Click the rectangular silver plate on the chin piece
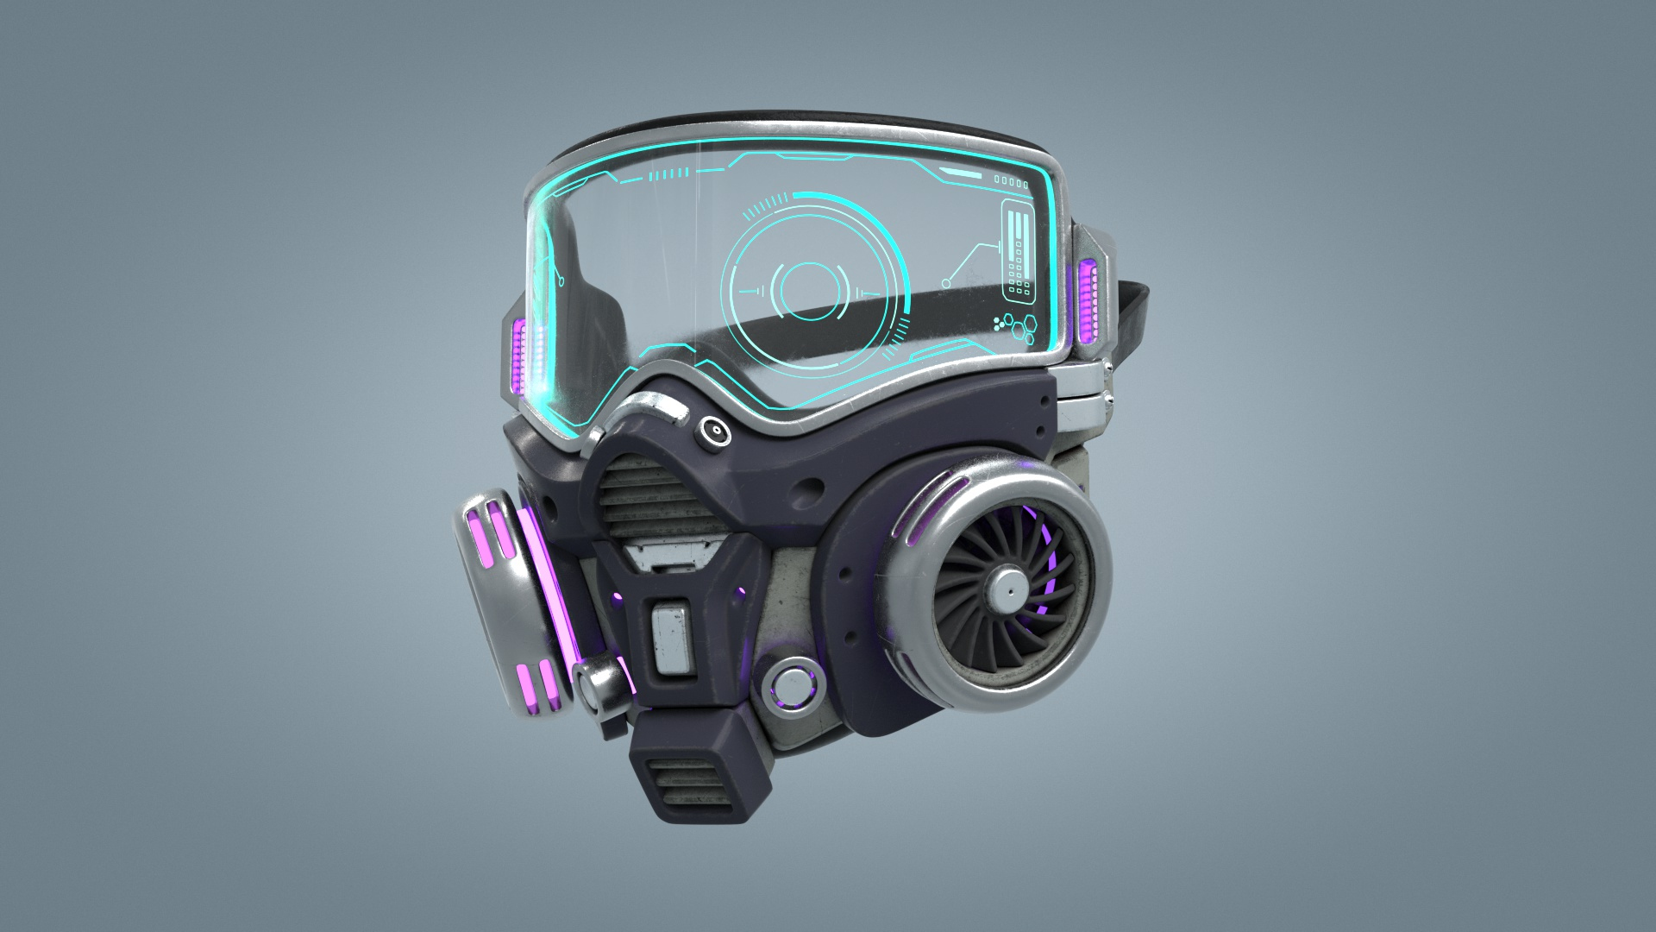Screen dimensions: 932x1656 coord(674,639)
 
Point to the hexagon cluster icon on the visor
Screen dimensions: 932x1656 coord(1015,329)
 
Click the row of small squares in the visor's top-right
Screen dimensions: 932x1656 coord(1012,182)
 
